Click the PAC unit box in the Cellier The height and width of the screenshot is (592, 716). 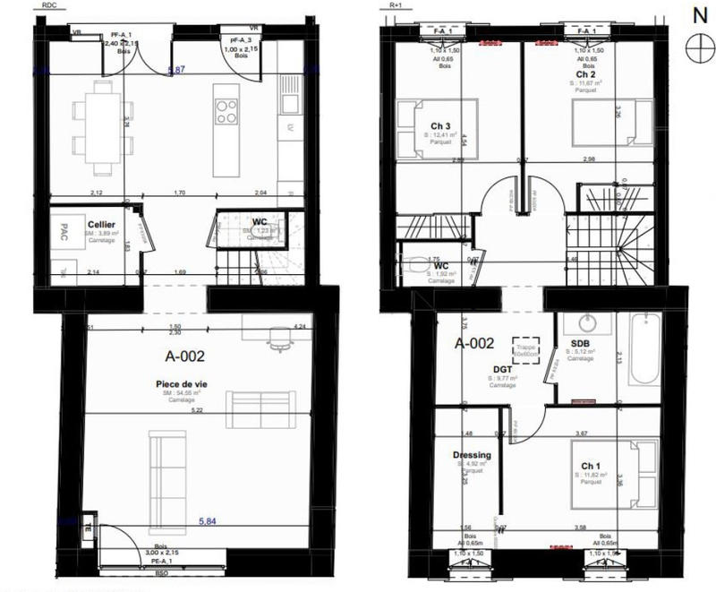62,227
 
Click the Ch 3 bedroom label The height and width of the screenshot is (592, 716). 439,124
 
